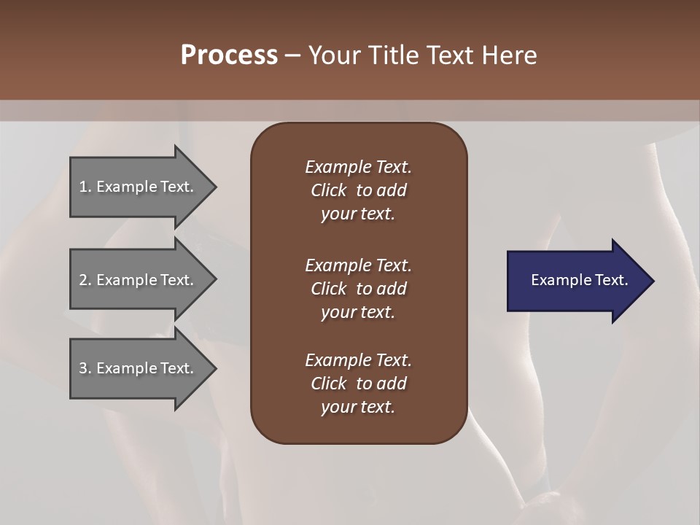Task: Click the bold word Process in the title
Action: coord(229,55)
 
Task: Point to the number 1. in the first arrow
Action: coord(85,187)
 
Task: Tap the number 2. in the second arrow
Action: coord(85,280)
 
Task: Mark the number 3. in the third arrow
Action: coord(85,368)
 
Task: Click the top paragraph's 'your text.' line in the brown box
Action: coord(358,214)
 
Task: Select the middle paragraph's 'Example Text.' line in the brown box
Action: coord(358,265)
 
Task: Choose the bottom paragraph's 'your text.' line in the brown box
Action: coord(358,408)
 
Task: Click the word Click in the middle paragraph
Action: coord(328,289)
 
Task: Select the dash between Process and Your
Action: coord(292,55)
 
